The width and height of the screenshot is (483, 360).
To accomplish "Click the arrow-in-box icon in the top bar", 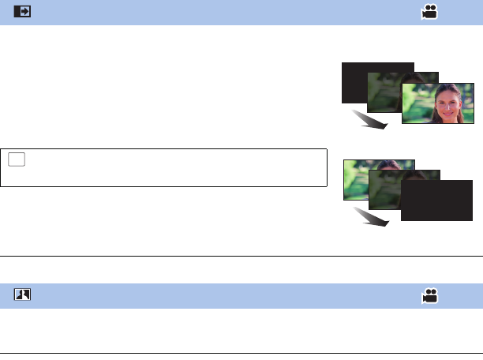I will coord(22,13).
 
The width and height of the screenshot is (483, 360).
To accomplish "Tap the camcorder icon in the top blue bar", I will coord(430,13).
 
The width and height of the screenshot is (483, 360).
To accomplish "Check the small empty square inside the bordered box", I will coord(17,159).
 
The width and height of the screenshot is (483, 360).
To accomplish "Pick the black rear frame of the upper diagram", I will coord(355,79).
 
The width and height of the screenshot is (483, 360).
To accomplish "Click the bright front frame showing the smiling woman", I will coord(438,103).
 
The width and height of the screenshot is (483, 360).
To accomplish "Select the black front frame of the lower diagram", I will coord(436,201).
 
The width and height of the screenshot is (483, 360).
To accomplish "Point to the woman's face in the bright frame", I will coord(445,100).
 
